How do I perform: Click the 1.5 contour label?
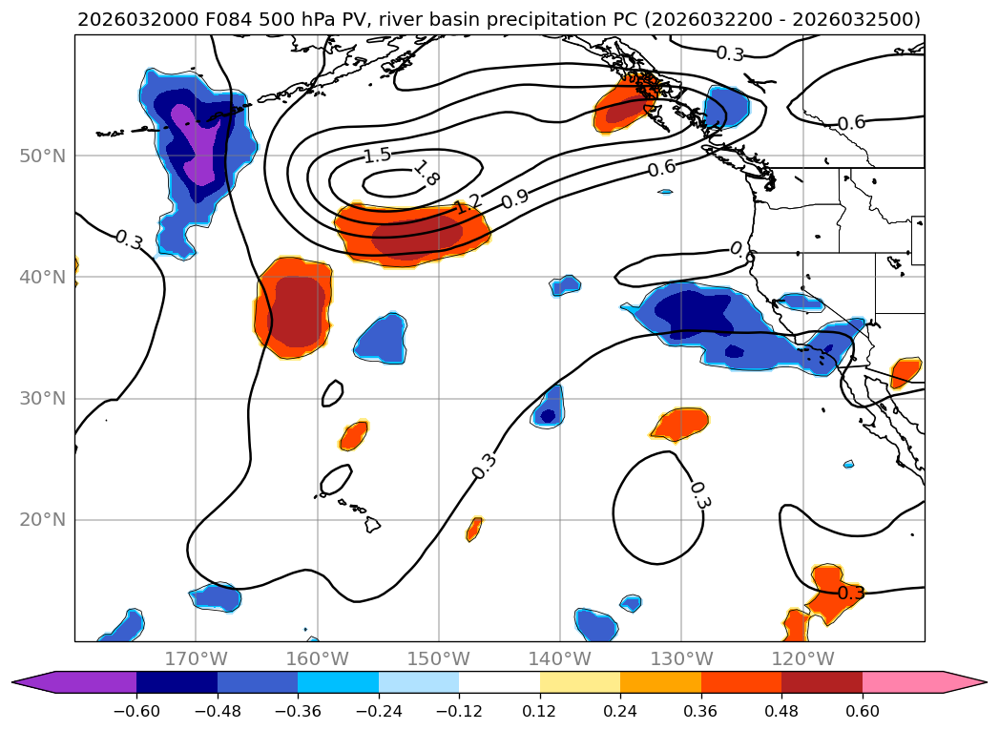point(378,156)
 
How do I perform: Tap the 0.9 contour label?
point(515,198)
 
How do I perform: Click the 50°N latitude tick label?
point(43,156)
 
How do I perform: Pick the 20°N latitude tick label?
point(43,520)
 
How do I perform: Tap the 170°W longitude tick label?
point(196,658)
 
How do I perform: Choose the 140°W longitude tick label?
point(560,658)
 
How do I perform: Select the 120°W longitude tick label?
point(802,658)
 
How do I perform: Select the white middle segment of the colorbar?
point(499,681)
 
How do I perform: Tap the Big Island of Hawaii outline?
point(372,524)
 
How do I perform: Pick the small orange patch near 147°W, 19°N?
point(474,529)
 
